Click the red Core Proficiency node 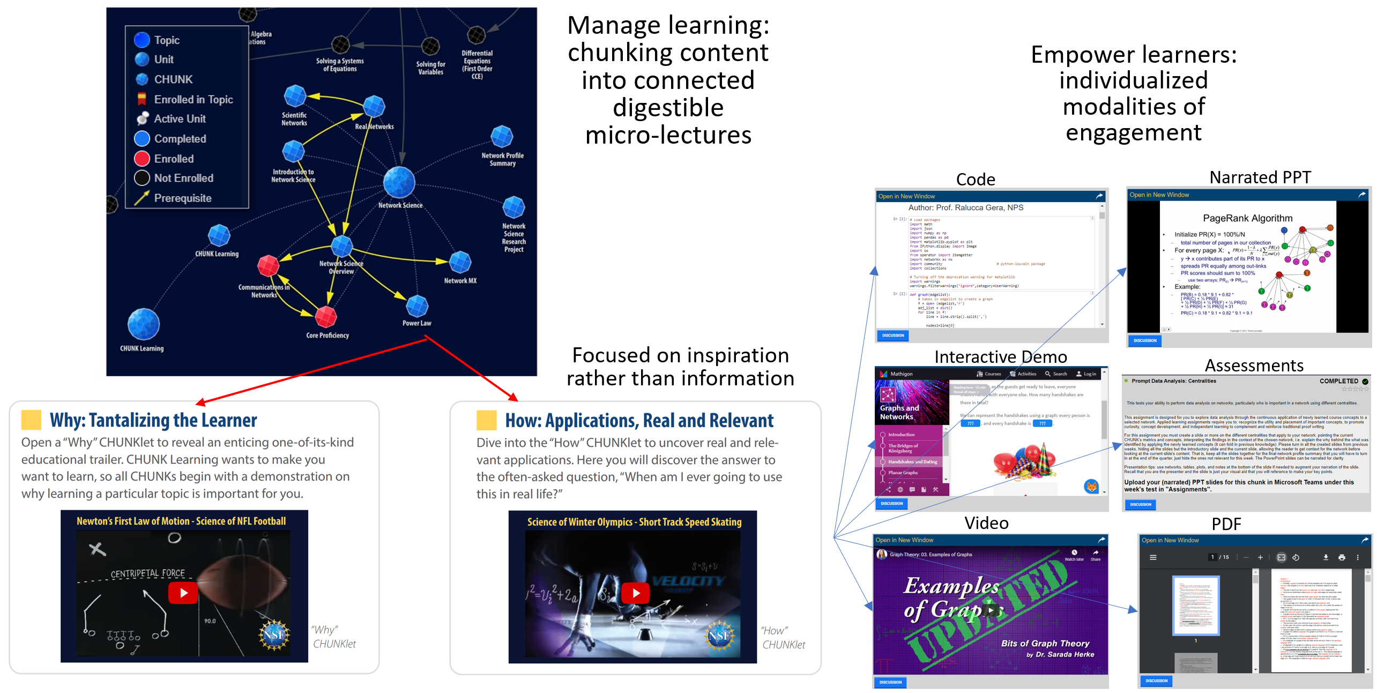click(x=325, y=317)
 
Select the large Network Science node click(x=399, y=182)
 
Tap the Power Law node click(x=417, y=306)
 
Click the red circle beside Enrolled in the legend click(x=142, y=159)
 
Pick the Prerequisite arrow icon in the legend click(x=142, y=198)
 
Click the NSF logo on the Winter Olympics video click(x=719, y=636)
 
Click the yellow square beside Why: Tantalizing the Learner click(x=31, y=420)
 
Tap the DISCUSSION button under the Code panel click(x=893, y=336)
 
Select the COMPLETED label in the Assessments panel click(x=1338, y=381)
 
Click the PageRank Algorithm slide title click(x=1247, y=218)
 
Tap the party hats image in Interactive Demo click(x=1023, y=461)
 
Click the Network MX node click(x=460, y=262)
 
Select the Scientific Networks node click(x=295, y=96)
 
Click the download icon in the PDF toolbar click(x=1326, y=557)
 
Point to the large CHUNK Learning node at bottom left click(x=144, y=324)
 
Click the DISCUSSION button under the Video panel click(x=890, y=682)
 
